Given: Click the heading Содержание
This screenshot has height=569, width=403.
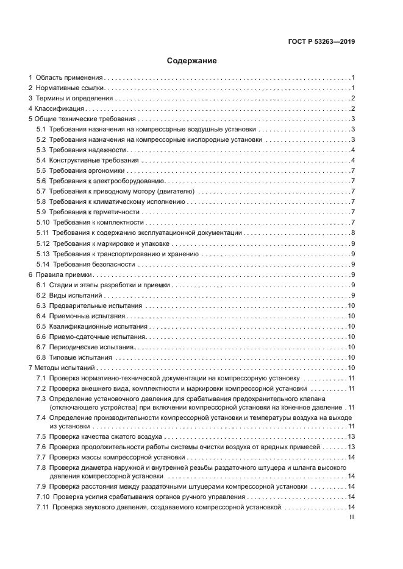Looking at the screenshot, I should point(192,61).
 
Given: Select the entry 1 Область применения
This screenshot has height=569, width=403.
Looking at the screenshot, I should point(66,78).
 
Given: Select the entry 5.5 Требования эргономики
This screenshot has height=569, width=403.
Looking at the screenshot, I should point(80,170).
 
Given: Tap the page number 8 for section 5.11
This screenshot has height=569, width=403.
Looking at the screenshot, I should point(353,233).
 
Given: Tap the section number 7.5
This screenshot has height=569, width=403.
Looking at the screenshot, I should point(41,436).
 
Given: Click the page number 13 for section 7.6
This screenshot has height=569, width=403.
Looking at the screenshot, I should point(351,447).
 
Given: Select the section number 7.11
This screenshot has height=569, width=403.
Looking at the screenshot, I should point(43,507).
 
